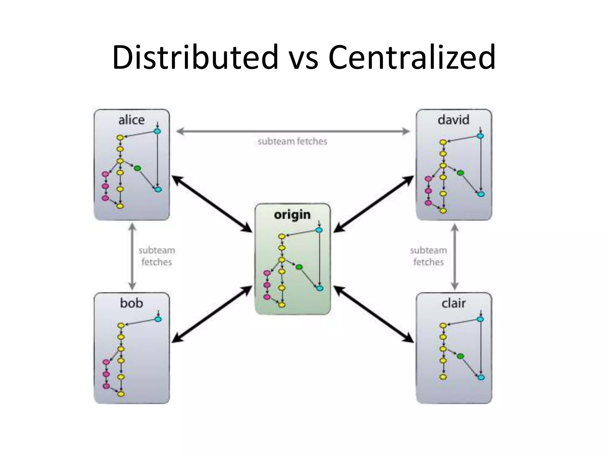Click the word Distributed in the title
pyautogui.click(x=195, y=57)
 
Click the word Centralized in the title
pyautogui.click(x=412, y=57)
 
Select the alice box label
pyautogui.click(x=132, y=120)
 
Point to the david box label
pyautogui.click(x=453, y=120)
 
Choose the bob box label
pyautogui.click(x=132, y=303)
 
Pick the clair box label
pyautogui.click(x=453, y=303)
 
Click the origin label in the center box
pyautogui.click(x=292, y=215)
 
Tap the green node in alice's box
pyautogui.click(x=137, y=168)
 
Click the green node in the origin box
pyautogui.click(x=299, y=267)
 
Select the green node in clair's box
pyautogui.click(x=460, y=356)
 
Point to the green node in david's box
pyautogui.click(x=460, y=173)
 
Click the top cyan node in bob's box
pyautogui.click(x=158, y=319)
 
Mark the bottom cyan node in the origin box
pyautogui.click(x=320, y=288)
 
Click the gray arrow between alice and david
pyautogui.click(x=293, y=131)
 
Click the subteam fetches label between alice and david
pyautogui.click(x=292, y=142)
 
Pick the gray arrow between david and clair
pyautogui.click(x=455, y=257)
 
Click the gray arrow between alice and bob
pyautogui.click(x=132, y=257)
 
